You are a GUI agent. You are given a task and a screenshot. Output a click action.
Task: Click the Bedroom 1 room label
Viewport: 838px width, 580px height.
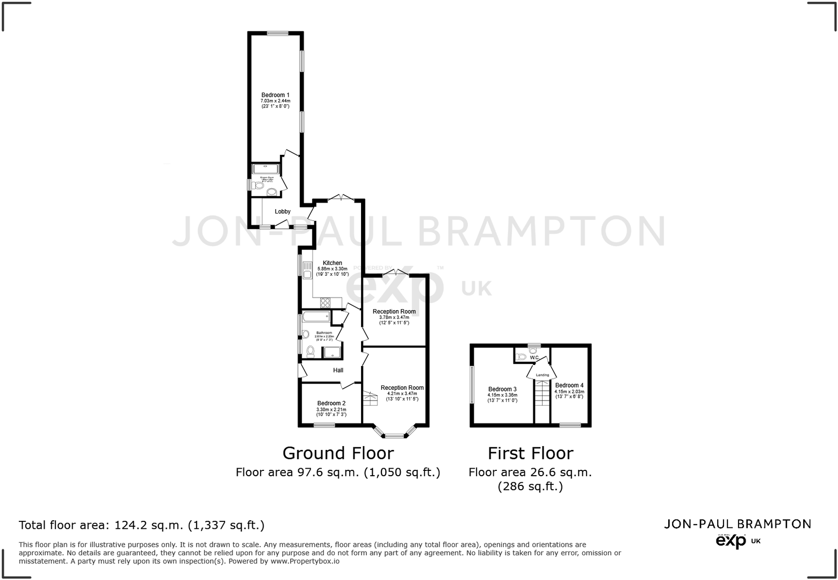[275, 95]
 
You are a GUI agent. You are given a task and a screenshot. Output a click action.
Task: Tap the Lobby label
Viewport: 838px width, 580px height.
[283, 211]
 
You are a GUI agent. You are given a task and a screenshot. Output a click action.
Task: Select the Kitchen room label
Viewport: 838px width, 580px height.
[332, 263]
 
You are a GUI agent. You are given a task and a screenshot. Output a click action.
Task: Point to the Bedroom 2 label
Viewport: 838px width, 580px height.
[331, 403]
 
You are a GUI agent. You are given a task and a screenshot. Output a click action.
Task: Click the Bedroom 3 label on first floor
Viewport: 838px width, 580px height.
[502, 389]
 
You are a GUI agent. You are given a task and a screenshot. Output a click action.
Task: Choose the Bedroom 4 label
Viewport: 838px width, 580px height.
[569, 385]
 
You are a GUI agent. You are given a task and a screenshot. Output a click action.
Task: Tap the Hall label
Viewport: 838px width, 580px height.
[338, 370]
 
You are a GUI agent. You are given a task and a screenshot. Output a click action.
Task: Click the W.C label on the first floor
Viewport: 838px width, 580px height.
[534, 357]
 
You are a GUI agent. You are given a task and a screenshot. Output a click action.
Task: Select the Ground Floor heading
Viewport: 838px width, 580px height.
[338, 453]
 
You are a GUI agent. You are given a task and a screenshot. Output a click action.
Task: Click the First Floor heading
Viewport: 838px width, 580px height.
[530, 453]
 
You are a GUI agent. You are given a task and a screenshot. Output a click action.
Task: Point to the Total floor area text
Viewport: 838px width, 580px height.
[141, 525]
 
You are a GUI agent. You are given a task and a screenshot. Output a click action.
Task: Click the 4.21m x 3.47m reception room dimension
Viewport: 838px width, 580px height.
[402, 393]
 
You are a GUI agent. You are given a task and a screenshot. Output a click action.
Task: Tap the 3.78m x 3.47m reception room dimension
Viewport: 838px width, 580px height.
[394, 317]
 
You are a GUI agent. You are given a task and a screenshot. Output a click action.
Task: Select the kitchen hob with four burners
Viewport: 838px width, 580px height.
[325, 303]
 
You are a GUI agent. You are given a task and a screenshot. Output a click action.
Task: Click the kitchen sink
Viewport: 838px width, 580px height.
[307, 270]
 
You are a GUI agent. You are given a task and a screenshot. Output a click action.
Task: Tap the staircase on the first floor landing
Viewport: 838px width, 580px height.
[542, 401]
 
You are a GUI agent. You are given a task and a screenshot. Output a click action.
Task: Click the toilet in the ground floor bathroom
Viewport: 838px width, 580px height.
[310, 352]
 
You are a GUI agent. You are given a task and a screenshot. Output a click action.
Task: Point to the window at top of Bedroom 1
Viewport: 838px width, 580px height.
[278, 33]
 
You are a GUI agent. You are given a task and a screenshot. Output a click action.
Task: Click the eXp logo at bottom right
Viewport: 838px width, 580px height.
[731, 540]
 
